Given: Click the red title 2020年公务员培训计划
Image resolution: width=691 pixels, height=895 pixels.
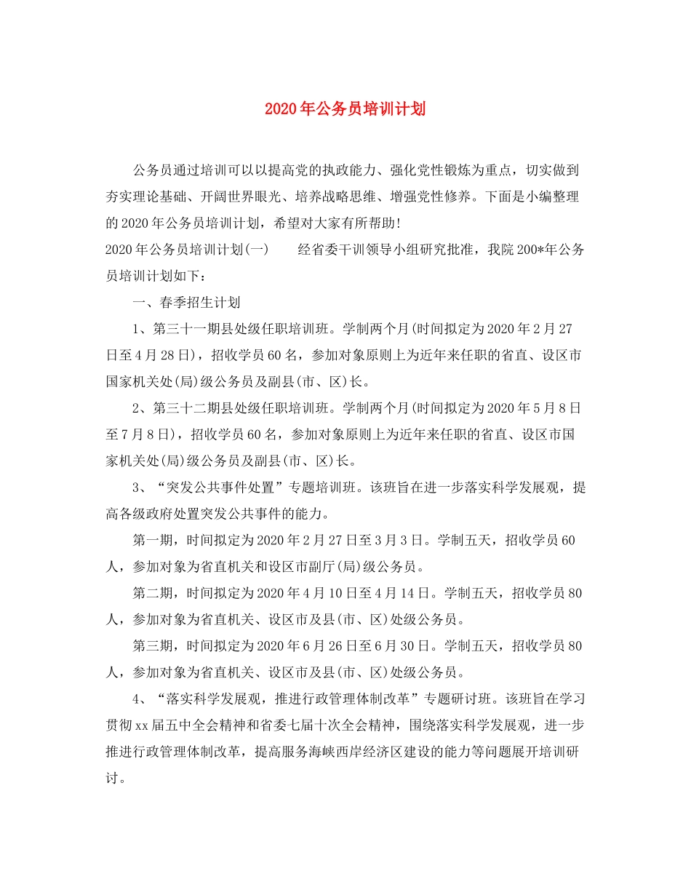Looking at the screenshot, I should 345,109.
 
